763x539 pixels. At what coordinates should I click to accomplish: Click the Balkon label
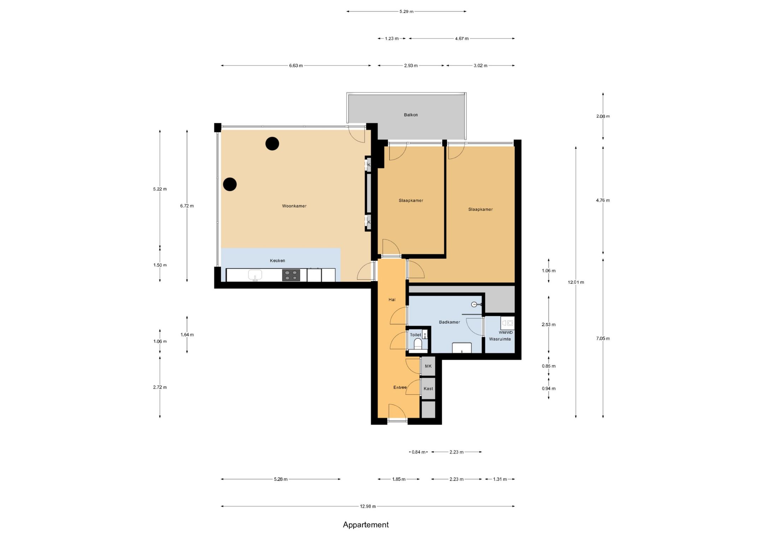click(410, 115)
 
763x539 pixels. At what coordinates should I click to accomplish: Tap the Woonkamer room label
click(294, 206)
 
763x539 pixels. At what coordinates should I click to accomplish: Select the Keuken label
click(277, 260)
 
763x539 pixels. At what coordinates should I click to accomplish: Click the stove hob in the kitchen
click(291, 275)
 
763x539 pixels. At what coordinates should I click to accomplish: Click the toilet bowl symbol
click(418, 344)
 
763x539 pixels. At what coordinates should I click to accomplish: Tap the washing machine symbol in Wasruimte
click(507, 323)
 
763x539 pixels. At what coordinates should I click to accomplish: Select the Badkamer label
click(449, 322)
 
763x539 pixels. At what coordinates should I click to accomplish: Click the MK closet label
click(428, 366)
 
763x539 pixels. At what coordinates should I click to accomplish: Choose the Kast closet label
click(428, 389)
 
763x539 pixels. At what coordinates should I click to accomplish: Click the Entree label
click(400, 387)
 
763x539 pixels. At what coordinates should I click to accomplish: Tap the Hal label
click(392, 300)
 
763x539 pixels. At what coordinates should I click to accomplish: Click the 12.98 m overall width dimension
click(368, 506)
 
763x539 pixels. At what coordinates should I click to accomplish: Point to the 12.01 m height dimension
click(576, 282)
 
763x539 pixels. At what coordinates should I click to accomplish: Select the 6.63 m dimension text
click(296, 65)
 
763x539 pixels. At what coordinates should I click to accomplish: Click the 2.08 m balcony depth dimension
click(603, 116)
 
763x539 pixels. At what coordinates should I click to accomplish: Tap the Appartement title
click(366, 525)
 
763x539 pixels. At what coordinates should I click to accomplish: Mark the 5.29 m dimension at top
click(406, 11)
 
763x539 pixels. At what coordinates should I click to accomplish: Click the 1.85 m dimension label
click(398, 479)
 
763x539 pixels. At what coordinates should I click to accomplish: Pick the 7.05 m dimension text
click(603, 339)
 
